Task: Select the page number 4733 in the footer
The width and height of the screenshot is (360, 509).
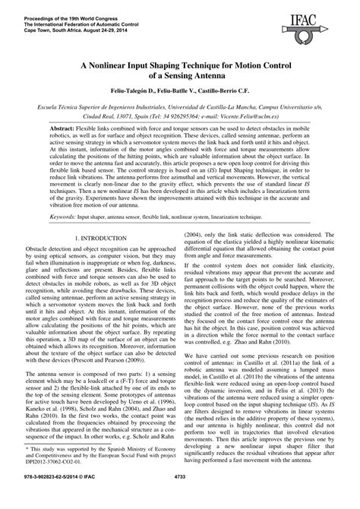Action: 180,498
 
